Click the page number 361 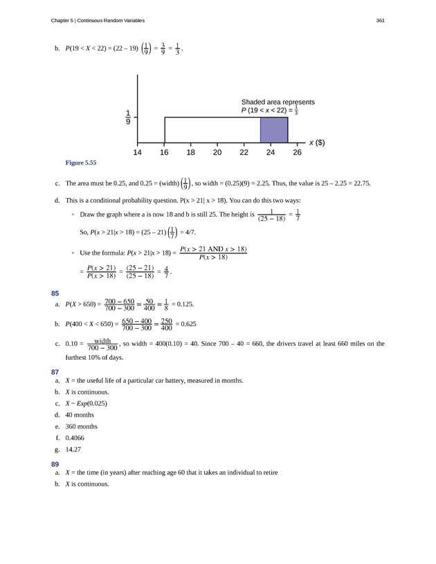coord(380,20)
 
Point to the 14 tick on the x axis coord(138,153)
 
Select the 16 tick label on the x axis coord(165,153)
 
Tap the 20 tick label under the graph coord(217,153)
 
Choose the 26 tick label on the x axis coord(297,153)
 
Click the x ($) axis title coord(317,143)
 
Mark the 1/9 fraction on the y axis coord(128,118)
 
